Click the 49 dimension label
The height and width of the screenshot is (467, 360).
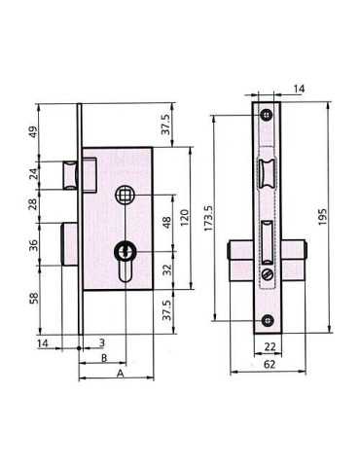(x=33, y=132)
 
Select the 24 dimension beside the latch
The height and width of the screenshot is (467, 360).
(x=33, y=174)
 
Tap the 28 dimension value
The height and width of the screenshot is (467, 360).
(x=33, y=204)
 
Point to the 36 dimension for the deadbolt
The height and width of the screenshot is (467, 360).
(x=33, y=245)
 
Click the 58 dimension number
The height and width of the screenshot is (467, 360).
(x=33, y=298)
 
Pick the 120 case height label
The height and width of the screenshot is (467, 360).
(x=184, y=218)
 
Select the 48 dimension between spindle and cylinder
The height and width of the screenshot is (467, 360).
(x=166, y=223)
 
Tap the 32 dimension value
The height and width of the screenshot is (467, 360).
(x=166, y=269)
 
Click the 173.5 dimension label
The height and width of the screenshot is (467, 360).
(x=208, y=218)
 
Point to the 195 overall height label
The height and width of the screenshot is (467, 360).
(x=322, y=217)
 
